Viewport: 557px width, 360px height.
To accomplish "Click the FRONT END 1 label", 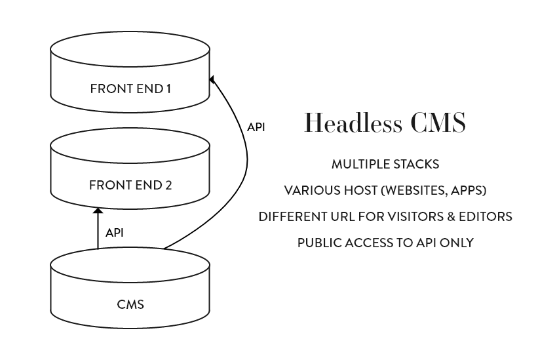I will [x=130, y=87].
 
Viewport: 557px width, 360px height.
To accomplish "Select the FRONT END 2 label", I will [x=130, y=185].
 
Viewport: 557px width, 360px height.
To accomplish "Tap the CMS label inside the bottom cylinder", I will [x=130, y=304].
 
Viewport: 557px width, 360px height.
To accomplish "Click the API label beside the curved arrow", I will [x=256, y=127].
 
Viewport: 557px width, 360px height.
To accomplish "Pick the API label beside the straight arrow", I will [x=115, y=232].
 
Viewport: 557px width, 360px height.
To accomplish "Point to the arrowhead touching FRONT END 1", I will [x=212, y=79].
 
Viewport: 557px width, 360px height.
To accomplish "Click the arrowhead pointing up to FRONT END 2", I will [x=98, y=211].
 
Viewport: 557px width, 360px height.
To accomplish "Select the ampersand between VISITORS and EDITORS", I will [x=451, y=216].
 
